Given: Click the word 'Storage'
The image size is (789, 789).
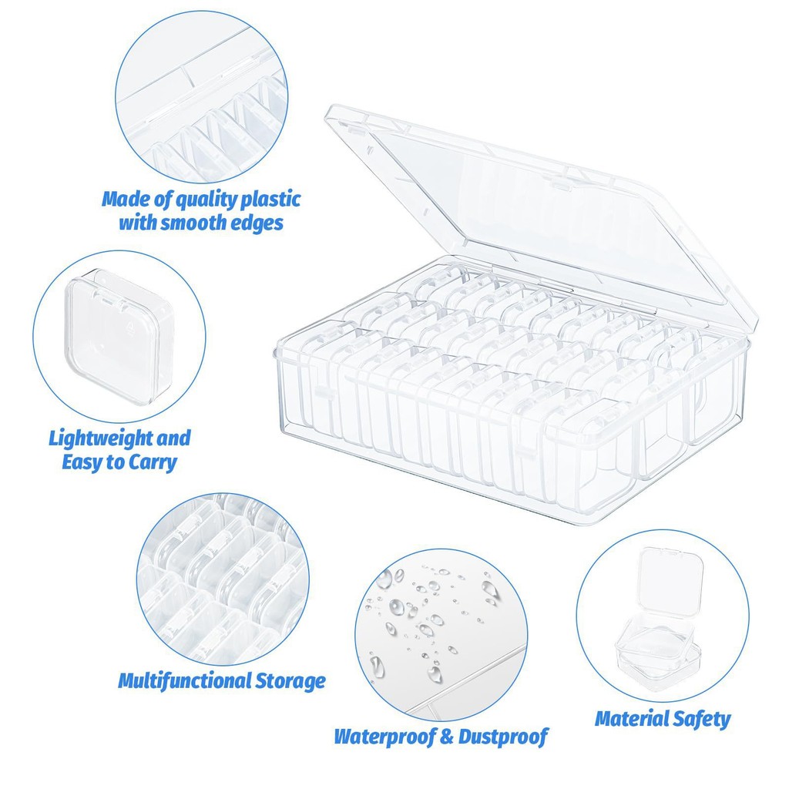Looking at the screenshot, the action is coord(290,682).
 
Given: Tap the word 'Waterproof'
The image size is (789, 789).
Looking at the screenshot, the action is coord(384,737).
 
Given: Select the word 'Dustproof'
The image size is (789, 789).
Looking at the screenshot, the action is coord(502,737).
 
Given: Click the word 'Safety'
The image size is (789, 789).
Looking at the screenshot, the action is coord(702,720).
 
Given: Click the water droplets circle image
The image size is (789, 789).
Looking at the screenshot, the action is coord(442,635).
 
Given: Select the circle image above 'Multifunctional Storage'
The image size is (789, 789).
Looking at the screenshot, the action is coord(223,579).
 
